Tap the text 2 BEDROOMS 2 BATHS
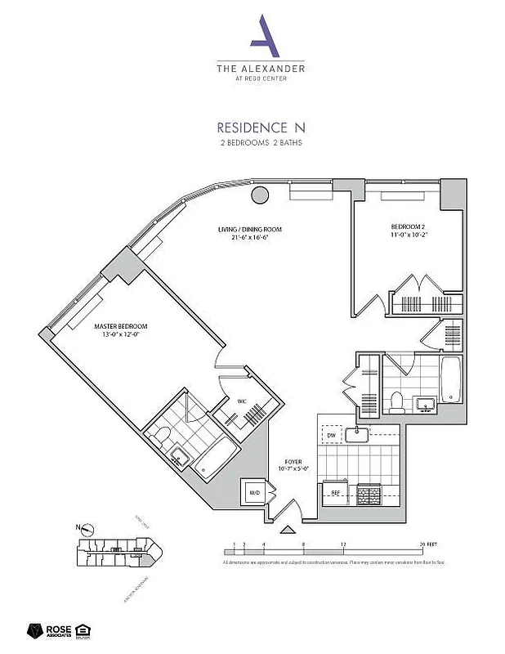tap(260, 143)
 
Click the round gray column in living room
tap(260, 195)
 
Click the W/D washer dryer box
tap(254, 493)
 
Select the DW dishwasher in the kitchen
tap(330, 437)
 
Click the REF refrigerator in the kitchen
tap(334, 493)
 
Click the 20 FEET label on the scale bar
tap(425, 544)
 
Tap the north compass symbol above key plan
tap(87, 529)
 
